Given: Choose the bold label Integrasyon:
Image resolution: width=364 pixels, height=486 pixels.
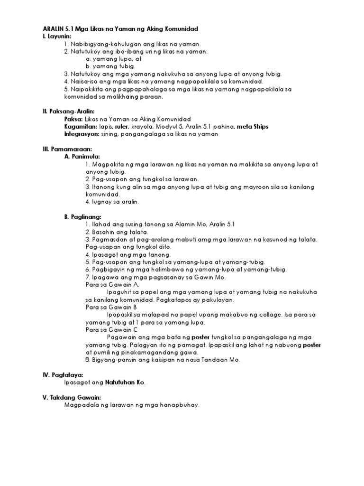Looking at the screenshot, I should pos(82,134).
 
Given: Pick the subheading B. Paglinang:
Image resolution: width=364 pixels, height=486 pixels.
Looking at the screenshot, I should pos(83,217).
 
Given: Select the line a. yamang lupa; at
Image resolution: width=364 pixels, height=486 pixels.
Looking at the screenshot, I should pos(114,59).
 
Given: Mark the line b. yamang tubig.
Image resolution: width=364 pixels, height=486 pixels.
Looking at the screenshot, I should pos(110,67).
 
